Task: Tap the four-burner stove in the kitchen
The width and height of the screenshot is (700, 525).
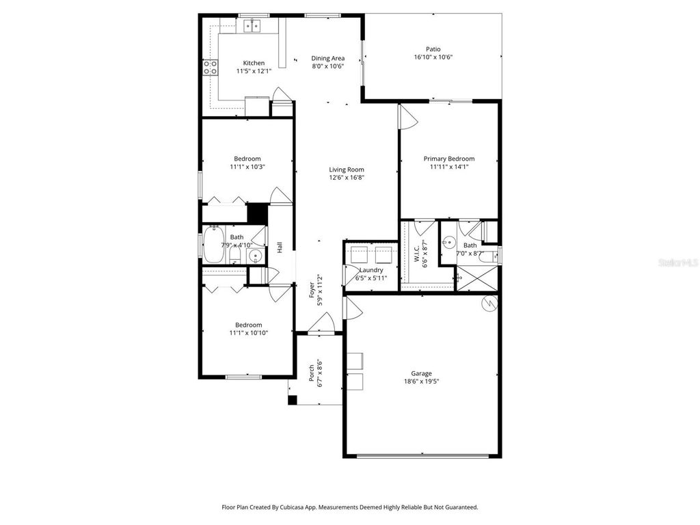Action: [210, 66]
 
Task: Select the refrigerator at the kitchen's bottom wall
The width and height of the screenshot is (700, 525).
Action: [258, 107]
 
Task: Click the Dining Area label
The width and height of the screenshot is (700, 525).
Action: [327, 58]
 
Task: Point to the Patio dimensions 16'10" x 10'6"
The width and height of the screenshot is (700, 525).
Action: [433, 57]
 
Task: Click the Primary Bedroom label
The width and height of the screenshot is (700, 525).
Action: [448, 159]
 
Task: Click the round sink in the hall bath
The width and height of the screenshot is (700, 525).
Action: [256, 257]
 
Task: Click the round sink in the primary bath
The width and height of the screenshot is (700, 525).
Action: [448, 241]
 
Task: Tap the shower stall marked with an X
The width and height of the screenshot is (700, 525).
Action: [469, 278]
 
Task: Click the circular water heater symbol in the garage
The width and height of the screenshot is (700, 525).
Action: [489, 304]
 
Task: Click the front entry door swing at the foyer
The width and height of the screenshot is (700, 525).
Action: [323, 323]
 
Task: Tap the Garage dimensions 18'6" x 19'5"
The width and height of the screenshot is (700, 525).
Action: [421, 382]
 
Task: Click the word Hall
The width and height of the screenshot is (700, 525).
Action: [280, 247]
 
